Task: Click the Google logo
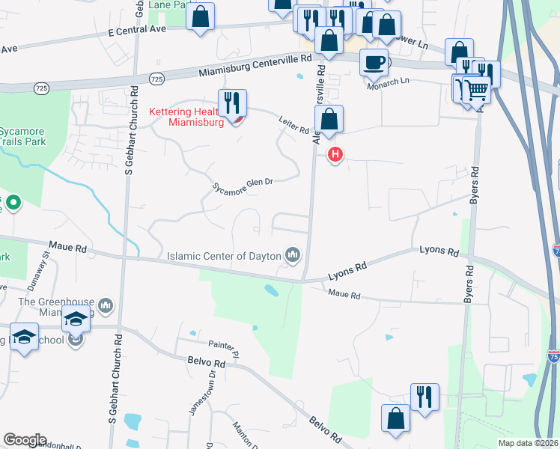pyautogui.click(x=25, y=440)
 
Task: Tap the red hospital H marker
pyautogui.click(x=335, y=155)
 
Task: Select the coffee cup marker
pyautogui.click(x=374, y=61)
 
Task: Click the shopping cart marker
pyautogui.click(x=476, y=90)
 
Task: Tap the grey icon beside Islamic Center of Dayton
pyautogui.click(x=293, y=257)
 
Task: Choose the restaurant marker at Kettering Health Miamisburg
pyautogui.click(x=232, y=103)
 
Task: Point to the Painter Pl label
pyautogui.click(x=223, y=346)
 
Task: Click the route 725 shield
pyautogui.click(x=156, y=79)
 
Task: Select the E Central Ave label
pyautogui.click(x=136, y=31)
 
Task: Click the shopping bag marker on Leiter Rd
pyautogui.click(x=329, y=119)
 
